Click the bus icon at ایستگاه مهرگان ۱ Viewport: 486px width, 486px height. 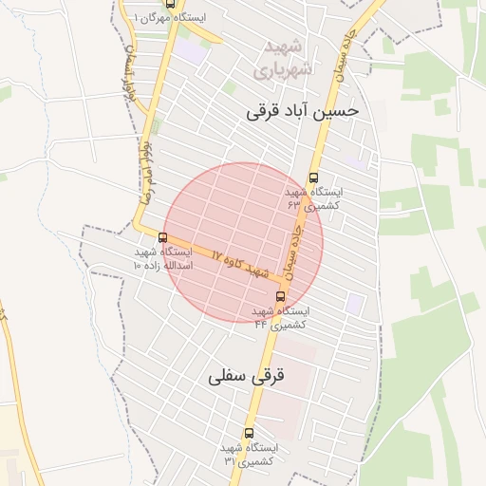(170, 3)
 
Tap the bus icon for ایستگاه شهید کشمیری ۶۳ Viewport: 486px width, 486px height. (314, 178)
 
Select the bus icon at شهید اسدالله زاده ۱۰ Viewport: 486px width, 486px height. (162, 237)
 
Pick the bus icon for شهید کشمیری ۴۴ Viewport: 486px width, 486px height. (279, 296)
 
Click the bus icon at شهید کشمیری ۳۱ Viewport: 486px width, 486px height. (249, 433)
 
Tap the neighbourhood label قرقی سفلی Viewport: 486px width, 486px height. (247, 377)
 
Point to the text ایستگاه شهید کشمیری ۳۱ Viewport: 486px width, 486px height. (248, 454)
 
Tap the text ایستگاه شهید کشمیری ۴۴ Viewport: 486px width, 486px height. (281, 317)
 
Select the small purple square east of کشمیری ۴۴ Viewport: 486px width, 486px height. (354, 304)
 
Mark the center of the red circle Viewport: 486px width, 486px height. (243, 243)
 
